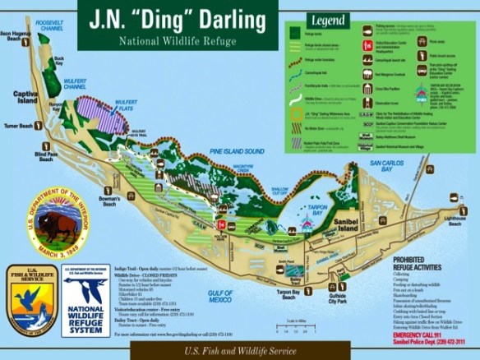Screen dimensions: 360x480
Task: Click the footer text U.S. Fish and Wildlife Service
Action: [x=239, y=350]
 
